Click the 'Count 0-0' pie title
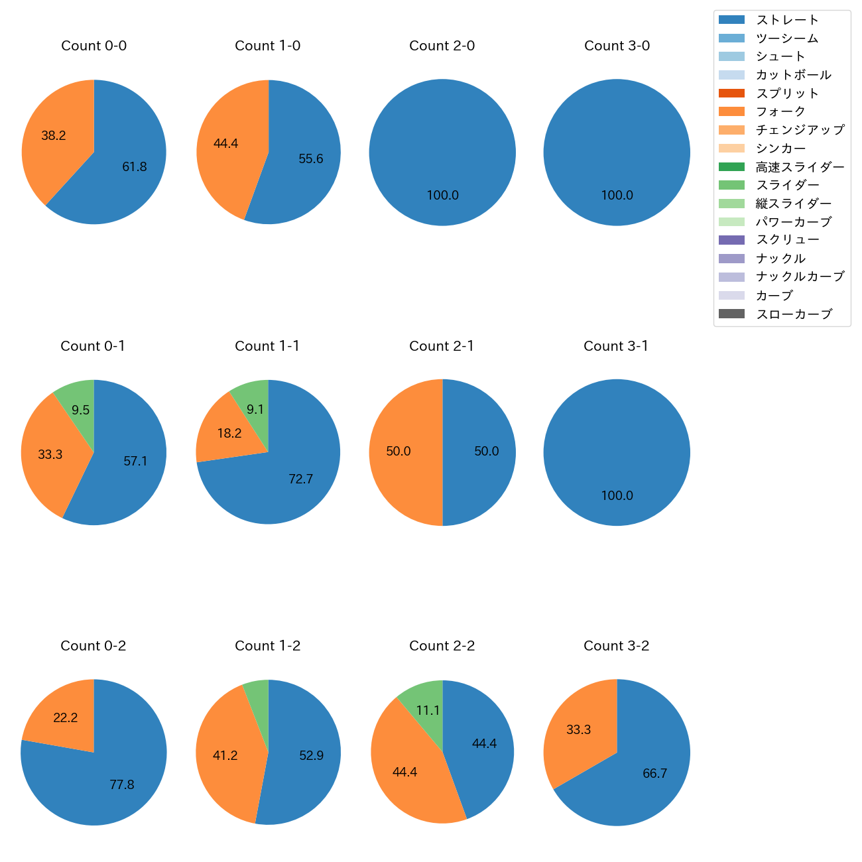(93, 46)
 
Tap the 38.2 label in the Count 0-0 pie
(54, 136)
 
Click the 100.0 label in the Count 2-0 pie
(442, 196)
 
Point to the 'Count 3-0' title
(617, 46)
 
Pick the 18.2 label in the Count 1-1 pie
(229, 434)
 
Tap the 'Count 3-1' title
(616, 346)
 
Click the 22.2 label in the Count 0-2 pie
(66, 718)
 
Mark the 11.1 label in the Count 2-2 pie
(428, 711)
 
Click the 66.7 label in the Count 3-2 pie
(654, 774)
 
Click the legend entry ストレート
(787, 20)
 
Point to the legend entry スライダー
(787, 185)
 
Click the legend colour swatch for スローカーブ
(731, 314)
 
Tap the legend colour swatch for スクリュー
(731, 240)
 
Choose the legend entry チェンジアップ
(800, 130)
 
